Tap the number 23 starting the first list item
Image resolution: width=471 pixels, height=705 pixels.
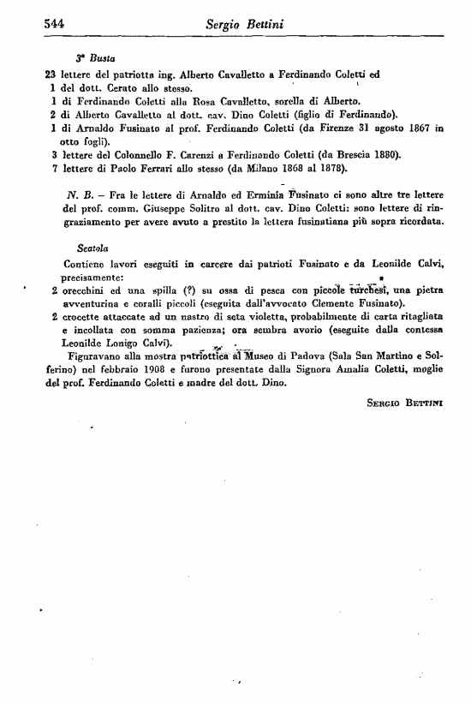(50, 75)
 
